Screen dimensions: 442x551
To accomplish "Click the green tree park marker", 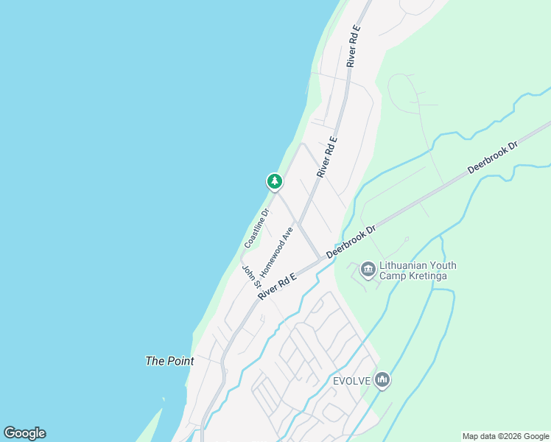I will pyautogui.click(x=274, y=180).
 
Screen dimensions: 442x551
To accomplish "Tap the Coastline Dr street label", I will pyautogui.click(x=257, y=228).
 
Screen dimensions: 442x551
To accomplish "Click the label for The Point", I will pyautogui.click(x=169, y=361).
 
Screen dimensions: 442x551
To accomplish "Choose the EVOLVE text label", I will pyautogui.click(x=350, y=380).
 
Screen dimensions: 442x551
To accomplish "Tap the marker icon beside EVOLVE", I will pyautogui.click(x=382, y=380).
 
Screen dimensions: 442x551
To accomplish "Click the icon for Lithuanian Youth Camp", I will pyautogui.click(x=368, y=270).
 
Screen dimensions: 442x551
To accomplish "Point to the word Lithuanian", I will pyautogui.click(x=407, y=265).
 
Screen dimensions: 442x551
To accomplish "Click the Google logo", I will pyautogui.click(x=24, y=433).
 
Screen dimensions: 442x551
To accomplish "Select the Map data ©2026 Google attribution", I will pyautogui.click(x=505, y=436).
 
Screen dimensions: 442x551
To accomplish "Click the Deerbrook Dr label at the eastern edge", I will pyautogui.click(x=494, y=158).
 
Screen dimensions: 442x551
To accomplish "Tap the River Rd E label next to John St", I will pyautogui.click(x=277, y=286).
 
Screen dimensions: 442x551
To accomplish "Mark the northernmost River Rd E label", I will pyautogui.click(x=354, y=46).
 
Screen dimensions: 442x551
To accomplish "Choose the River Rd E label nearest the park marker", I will pyautogui.click(x=326, y=156).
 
